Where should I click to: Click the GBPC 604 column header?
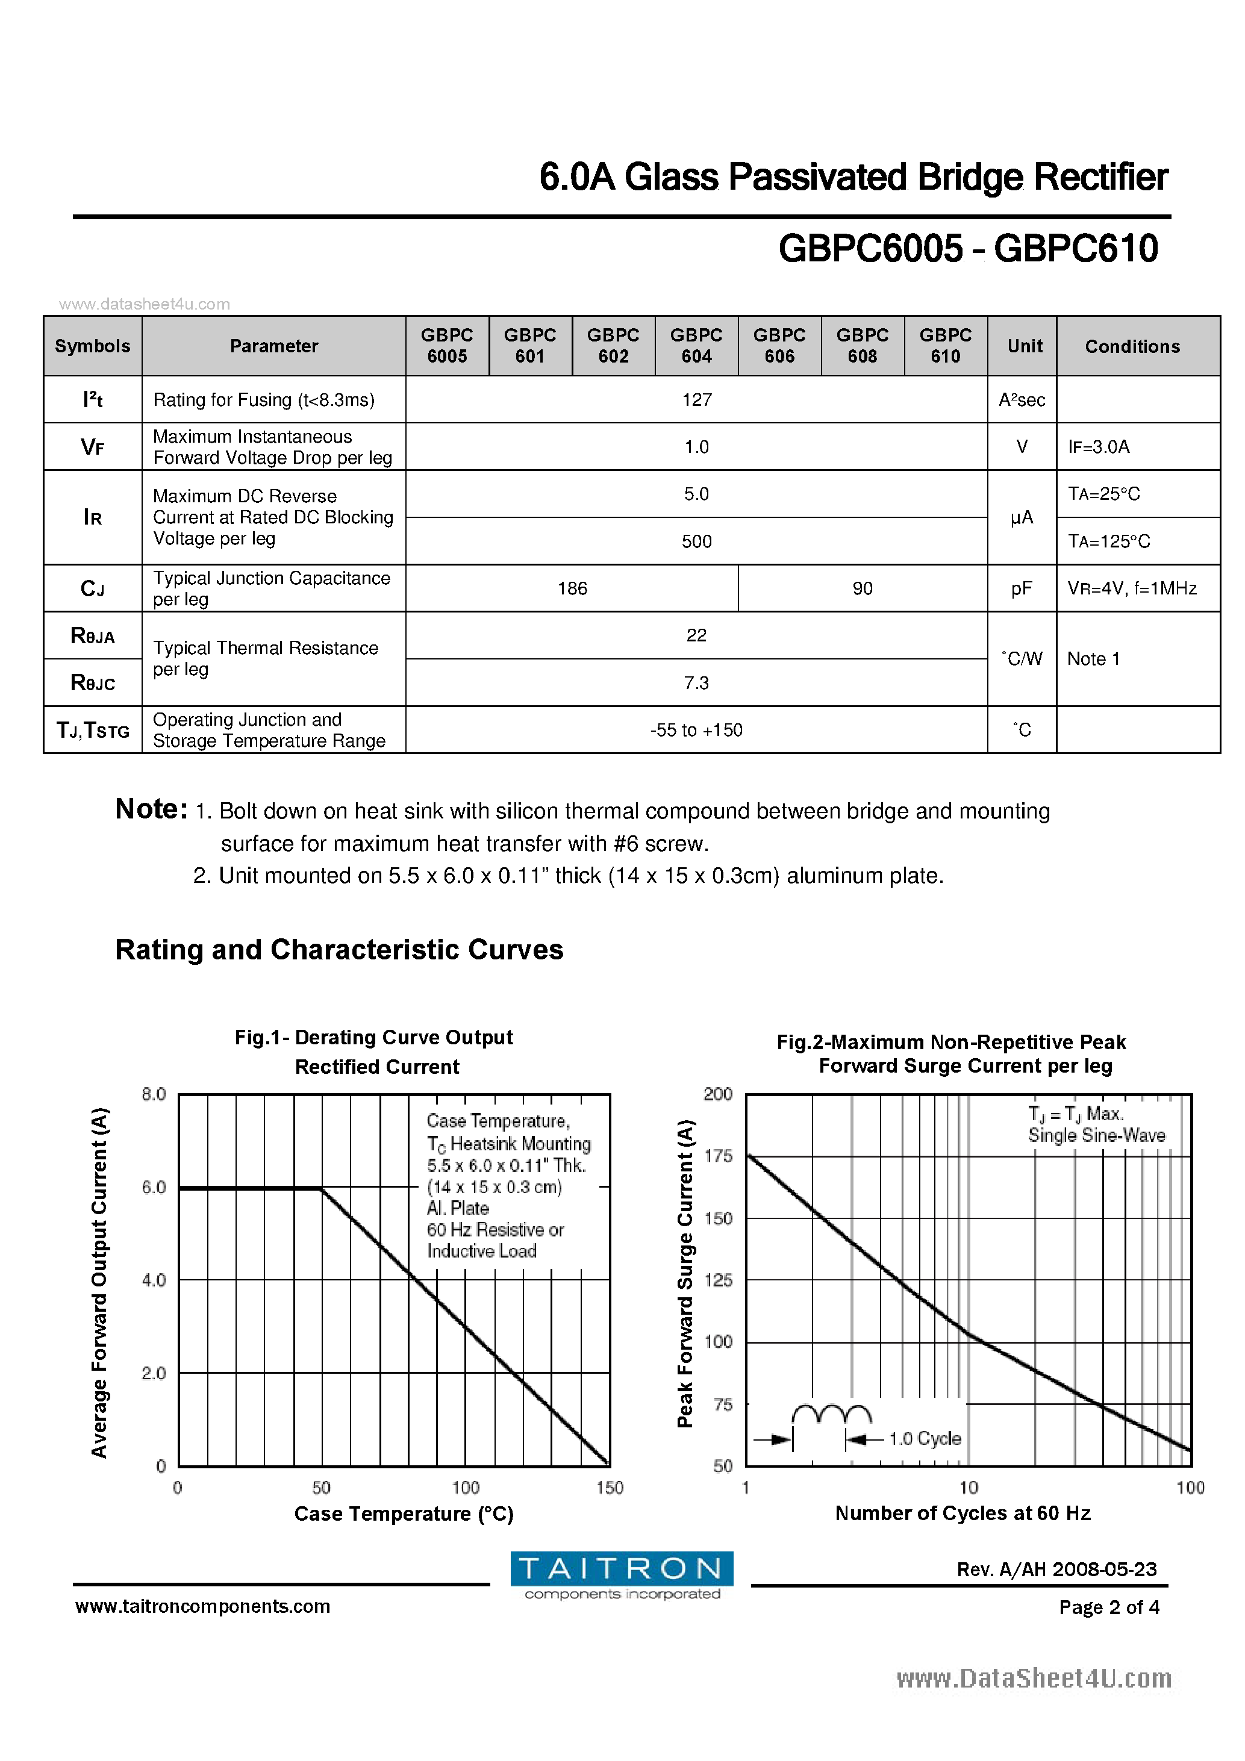click(x=696, y=345)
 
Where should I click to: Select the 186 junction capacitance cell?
click(x=572, y=588)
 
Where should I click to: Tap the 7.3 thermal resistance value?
click(x=696, y=682)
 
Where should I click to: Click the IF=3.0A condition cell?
click(x=1099, y=446)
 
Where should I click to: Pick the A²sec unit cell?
click(x=1021, y=400)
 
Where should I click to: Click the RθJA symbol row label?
click(x=93, y=636)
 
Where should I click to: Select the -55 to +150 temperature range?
click(x=696, y=730)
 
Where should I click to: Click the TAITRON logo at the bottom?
click(x=622, y=1576)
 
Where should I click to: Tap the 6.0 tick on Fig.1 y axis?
click(x=154, y=1187)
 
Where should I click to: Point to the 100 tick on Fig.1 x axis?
click(x=466, y=1488)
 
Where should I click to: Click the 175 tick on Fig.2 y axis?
click(x=718, y=1156)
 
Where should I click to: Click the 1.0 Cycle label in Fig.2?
click(x=925, y=1439)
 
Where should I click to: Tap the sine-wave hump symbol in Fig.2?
click(x=831, y=1413)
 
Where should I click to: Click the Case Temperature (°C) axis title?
click(x=404, y=1514)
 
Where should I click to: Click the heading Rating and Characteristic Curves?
click(x=339, y=950)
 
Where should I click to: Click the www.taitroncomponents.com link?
click(x=202, y=1606)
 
